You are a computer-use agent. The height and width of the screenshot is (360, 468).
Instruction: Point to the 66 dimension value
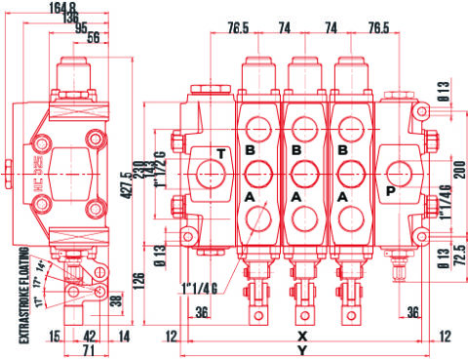tap(94, 38)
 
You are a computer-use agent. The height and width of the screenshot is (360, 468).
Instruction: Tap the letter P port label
tap(390, 192)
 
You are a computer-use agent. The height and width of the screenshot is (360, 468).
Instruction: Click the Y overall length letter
tap(302, 349)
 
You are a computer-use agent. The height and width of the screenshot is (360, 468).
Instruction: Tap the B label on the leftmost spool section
tap(249, 150)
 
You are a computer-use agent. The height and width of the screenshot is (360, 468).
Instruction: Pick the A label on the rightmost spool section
tap(342, 196)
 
